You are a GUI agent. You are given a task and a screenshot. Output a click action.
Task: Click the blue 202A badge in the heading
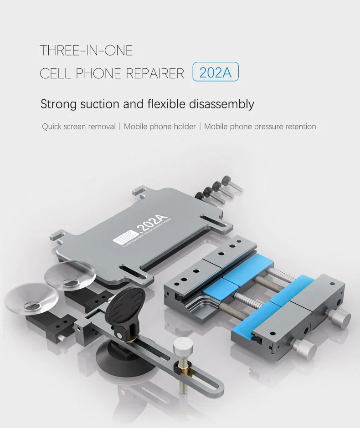click(216, 73)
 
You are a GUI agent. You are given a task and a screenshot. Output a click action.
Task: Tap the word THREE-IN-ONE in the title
click(86, 50)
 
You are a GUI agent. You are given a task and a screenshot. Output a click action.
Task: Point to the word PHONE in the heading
click(96, 73)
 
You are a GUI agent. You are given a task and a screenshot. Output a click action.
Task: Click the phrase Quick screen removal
click(79, 127)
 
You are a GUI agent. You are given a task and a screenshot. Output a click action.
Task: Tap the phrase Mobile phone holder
click(159, 127)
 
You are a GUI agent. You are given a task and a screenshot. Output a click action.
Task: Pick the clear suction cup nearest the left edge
click(31, 299)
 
